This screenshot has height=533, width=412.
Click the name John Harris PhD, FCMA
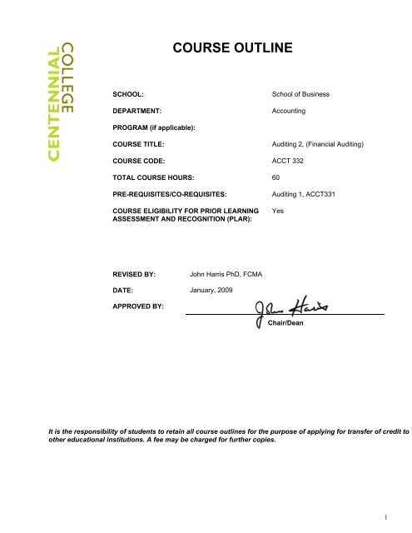pyautogui.click(x=238, y=272)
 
